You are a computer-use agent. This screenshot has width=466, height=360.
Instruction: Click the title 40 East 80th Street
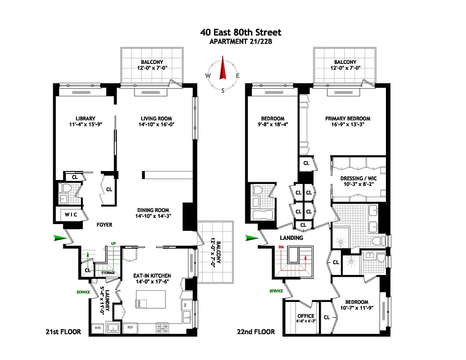click(241, 32)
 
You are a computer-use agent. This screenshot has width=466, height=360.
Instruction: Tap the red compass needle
click(222, 69)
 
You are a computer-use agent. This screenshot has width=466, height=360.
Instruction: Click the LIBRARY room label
click(85, 119)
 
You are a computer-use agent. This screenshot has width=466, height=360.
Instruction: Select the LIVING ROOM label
click(155, 119)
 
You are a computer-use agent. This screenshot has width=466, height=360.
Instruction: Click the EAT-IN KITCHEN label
click(152, 275)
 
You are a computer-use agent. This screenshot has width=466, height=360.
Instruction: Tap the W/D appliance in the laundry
click(97, 328)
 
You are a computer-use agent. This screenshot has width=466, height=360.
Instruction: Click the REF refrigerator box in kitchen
click(130, 328)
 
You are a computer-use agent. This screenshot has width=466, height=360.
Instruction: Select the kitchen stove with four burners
click(162, 328)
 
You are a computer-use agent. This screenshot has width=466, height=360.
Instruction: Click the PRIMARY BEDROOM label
click(348, 119)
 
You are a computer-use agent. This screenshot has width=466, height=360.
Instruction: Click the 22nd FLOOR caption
click(255, 332)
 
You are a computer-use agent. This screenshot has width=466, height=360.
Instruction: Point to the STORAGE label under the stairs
click(108, 273)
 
